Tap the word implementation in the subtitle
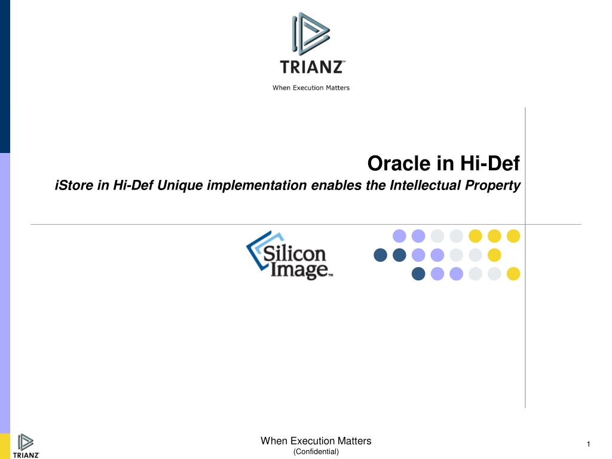(257, 185)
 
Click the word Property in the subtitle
(492, 186)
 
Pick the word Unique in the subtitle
(180, 186)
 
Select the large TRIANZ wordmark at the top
(312, 67)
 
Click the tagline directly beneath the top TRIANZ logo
(311, 88)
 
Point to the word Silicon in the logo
(294, 253)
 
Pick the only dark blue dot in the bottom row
(418, 274)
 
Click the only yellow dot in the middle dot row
(494, 255)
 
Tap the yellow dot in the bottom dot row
(513, 274)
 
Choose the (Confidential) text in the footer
(316, 452)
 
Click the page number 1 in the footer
(589, 444)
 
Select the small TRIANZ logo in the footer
(26, 446)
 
